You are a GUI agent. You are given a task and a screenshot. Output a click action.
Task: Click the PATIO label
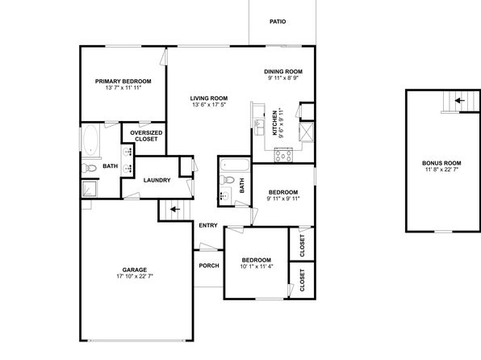(278, 22)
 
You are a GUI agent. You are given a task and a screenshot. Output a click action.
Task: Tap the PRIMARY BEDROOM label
(123, 82)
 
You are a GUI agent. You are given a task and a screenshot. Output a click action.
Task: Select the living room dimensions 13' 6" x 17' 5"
(209, 105)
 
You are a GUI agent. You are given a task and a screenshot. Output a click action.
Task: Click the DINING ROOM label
(283, 72)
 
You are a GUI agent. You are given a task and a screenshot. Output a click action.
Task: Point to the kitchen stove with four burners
(283, 155)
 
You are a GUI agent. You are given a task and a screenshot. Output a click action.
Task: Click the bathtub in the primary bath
(91, 140)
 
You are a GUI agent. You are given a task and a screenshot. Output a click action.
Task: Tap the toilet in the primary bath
(89, 168)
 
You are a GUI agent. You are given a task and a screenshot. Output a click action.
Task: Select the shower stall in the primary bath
(90, 188)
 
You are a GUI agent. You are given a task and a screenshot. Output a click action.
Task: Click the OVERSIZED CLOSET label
(146, 136)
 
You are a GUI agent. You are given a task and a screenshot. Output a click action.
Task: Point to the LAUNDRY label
(157, 180)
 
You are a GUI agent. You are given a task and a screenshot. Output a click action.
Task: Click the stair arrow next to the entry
(175, 209)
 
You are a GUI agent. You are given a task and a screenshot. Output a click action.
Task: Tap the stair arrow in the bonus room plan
(459, 100)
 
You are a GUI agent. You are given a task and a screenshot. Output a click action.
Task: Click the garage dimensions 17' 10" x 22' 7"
(135, 276)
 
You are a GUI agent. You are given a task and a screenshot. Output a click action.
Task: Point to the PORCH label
(209, 266)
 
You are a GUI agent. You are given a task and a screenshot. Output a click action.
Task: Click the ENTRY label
(208, 225)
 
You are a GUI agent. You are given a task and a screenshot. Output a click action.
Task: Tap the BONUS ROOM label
(441, 163)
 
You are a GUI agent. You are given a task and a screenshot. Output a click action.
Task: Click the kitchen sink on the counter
(259, 127)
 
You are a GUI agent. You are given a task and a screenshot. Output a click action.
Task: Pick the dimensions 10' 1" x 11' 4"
(257, 266)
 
